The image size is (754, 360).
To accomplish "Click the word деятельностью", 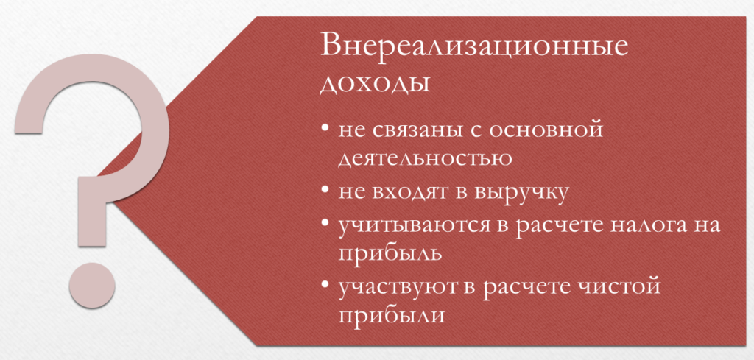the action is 425,158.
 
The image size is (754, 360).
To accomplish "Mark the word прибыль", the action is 390,254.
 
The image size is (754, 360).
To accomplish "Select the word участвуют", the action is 406,287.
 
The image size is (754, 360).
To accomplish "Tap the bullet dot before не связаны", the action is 326,130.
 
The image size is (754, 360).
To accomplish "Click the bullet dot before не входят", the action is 326,191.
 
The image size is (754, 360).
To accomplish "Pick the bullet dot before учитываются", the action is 326,225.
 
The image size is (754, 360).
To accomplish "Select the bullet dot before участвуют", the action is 326,286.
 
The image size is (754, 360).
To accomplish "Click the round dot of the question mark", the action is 92,284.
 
